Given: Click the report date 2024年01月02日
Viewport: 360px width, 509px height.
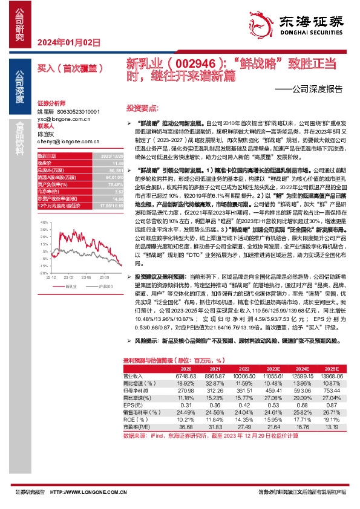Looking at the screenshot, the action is (68, 42).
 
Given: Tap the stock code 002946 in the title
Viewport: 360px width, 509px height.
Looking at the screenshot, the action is (191, 63).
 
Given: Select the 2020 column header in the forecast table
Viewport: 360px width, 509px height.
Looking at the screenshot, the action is (186, 367).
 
